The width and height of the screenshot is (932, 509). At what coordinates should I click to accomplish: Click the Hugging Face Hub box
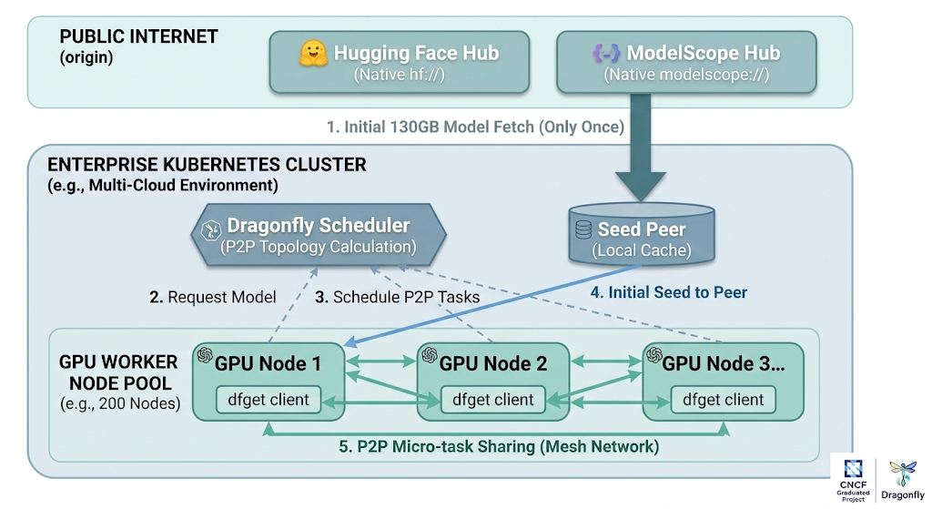399,63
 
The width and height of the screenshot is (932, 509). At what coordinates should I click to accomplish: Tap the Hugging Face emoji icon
313,54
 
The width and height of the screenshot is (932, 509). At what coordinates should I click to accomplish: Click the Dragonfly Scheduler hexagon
318,235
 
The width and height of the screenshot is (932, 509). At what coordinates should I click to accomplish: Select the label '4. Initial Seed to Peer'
668,292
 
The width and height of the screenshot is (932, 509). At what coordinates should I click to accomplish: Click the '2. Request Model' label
212,297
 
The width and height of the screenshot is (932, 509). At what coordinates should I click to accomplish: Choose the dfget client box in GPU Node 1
268,399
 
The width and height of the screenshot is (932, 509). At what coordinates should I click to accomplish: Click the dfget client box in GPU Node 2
492,399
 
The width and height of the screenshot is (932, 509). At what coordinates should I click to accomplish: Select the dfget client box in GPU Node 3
724,399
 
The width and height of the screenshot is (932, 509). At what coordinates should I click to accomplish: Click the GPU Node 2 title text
493,363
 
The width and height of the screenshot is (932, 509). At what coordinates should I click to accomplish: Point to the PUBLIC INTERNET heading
138,37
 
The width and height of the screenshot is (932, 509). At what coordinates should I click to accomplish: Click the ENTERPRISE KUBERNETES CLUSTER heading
207,165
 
